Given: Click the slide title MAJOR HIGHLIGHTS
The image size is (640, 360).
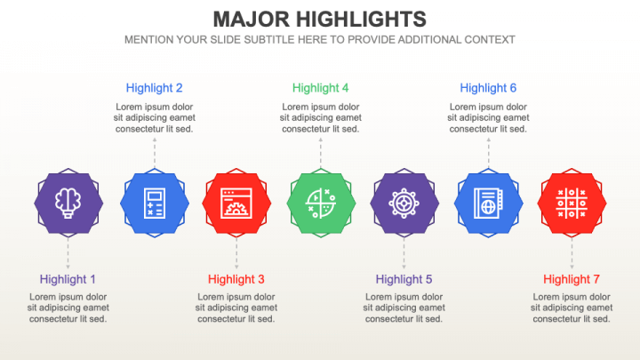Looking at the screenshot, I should (320, 19).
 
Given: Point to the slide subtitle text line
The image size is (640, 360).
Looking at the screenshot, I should (320, 40).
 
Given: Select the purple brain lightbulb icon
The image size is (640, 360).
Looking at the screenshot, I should (68, 203).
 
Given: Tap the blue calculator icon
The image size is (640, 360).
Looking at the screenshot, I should (155, 203).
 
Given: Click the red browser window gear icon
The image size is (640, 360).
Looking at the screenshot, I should (236, 203).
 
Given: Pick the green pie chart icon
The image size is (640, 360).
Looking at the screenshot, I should (321, 203).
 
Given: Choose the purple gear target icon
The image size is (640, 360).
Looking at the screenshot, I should (404, 203).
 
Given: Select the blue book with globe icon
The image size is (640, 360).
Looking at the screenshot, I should (488, 203).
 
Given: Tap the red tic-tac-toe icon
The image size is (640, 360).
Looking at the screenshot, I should (572, 203).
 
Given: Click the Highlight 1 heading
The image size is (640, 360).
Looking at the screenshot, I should (68, 279).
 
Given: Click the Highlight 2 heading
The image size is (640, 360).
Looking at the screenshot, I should (155, 88).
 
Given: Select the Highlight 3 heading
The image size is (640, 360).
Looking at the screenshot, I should (236, 279).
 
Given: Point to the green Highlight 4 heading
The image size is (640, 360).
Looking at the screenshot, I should (321, 88).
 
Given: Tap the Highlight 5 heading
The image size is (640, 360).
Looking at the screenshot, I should (404, 279).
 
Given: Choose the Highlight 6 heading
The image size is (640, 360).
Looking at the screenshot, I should (488, 88).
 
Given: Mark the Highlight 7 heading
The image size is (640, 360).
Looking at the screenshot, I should (572, 279).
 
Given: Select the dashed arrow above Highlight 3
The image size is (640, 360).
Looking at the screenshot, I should (236, 254).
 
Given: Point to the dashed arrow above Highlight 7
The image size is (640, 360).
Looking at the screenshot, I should (572, 254).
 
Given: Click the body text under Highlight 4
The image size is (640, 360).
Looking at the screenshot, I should (321, 117).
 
